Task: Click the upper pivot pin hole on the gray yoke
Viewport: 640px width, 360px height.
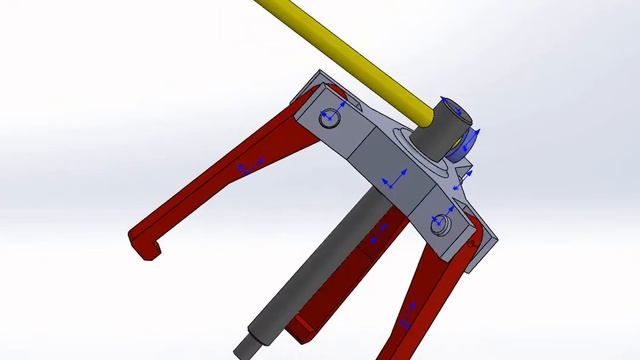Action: click(x=330, y=119)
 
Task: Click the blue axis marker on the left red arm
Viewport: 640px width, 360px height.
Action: click(x=248, y=167)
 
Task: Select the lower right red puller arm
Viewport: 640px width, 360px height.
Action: click(x=420, y=300)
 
